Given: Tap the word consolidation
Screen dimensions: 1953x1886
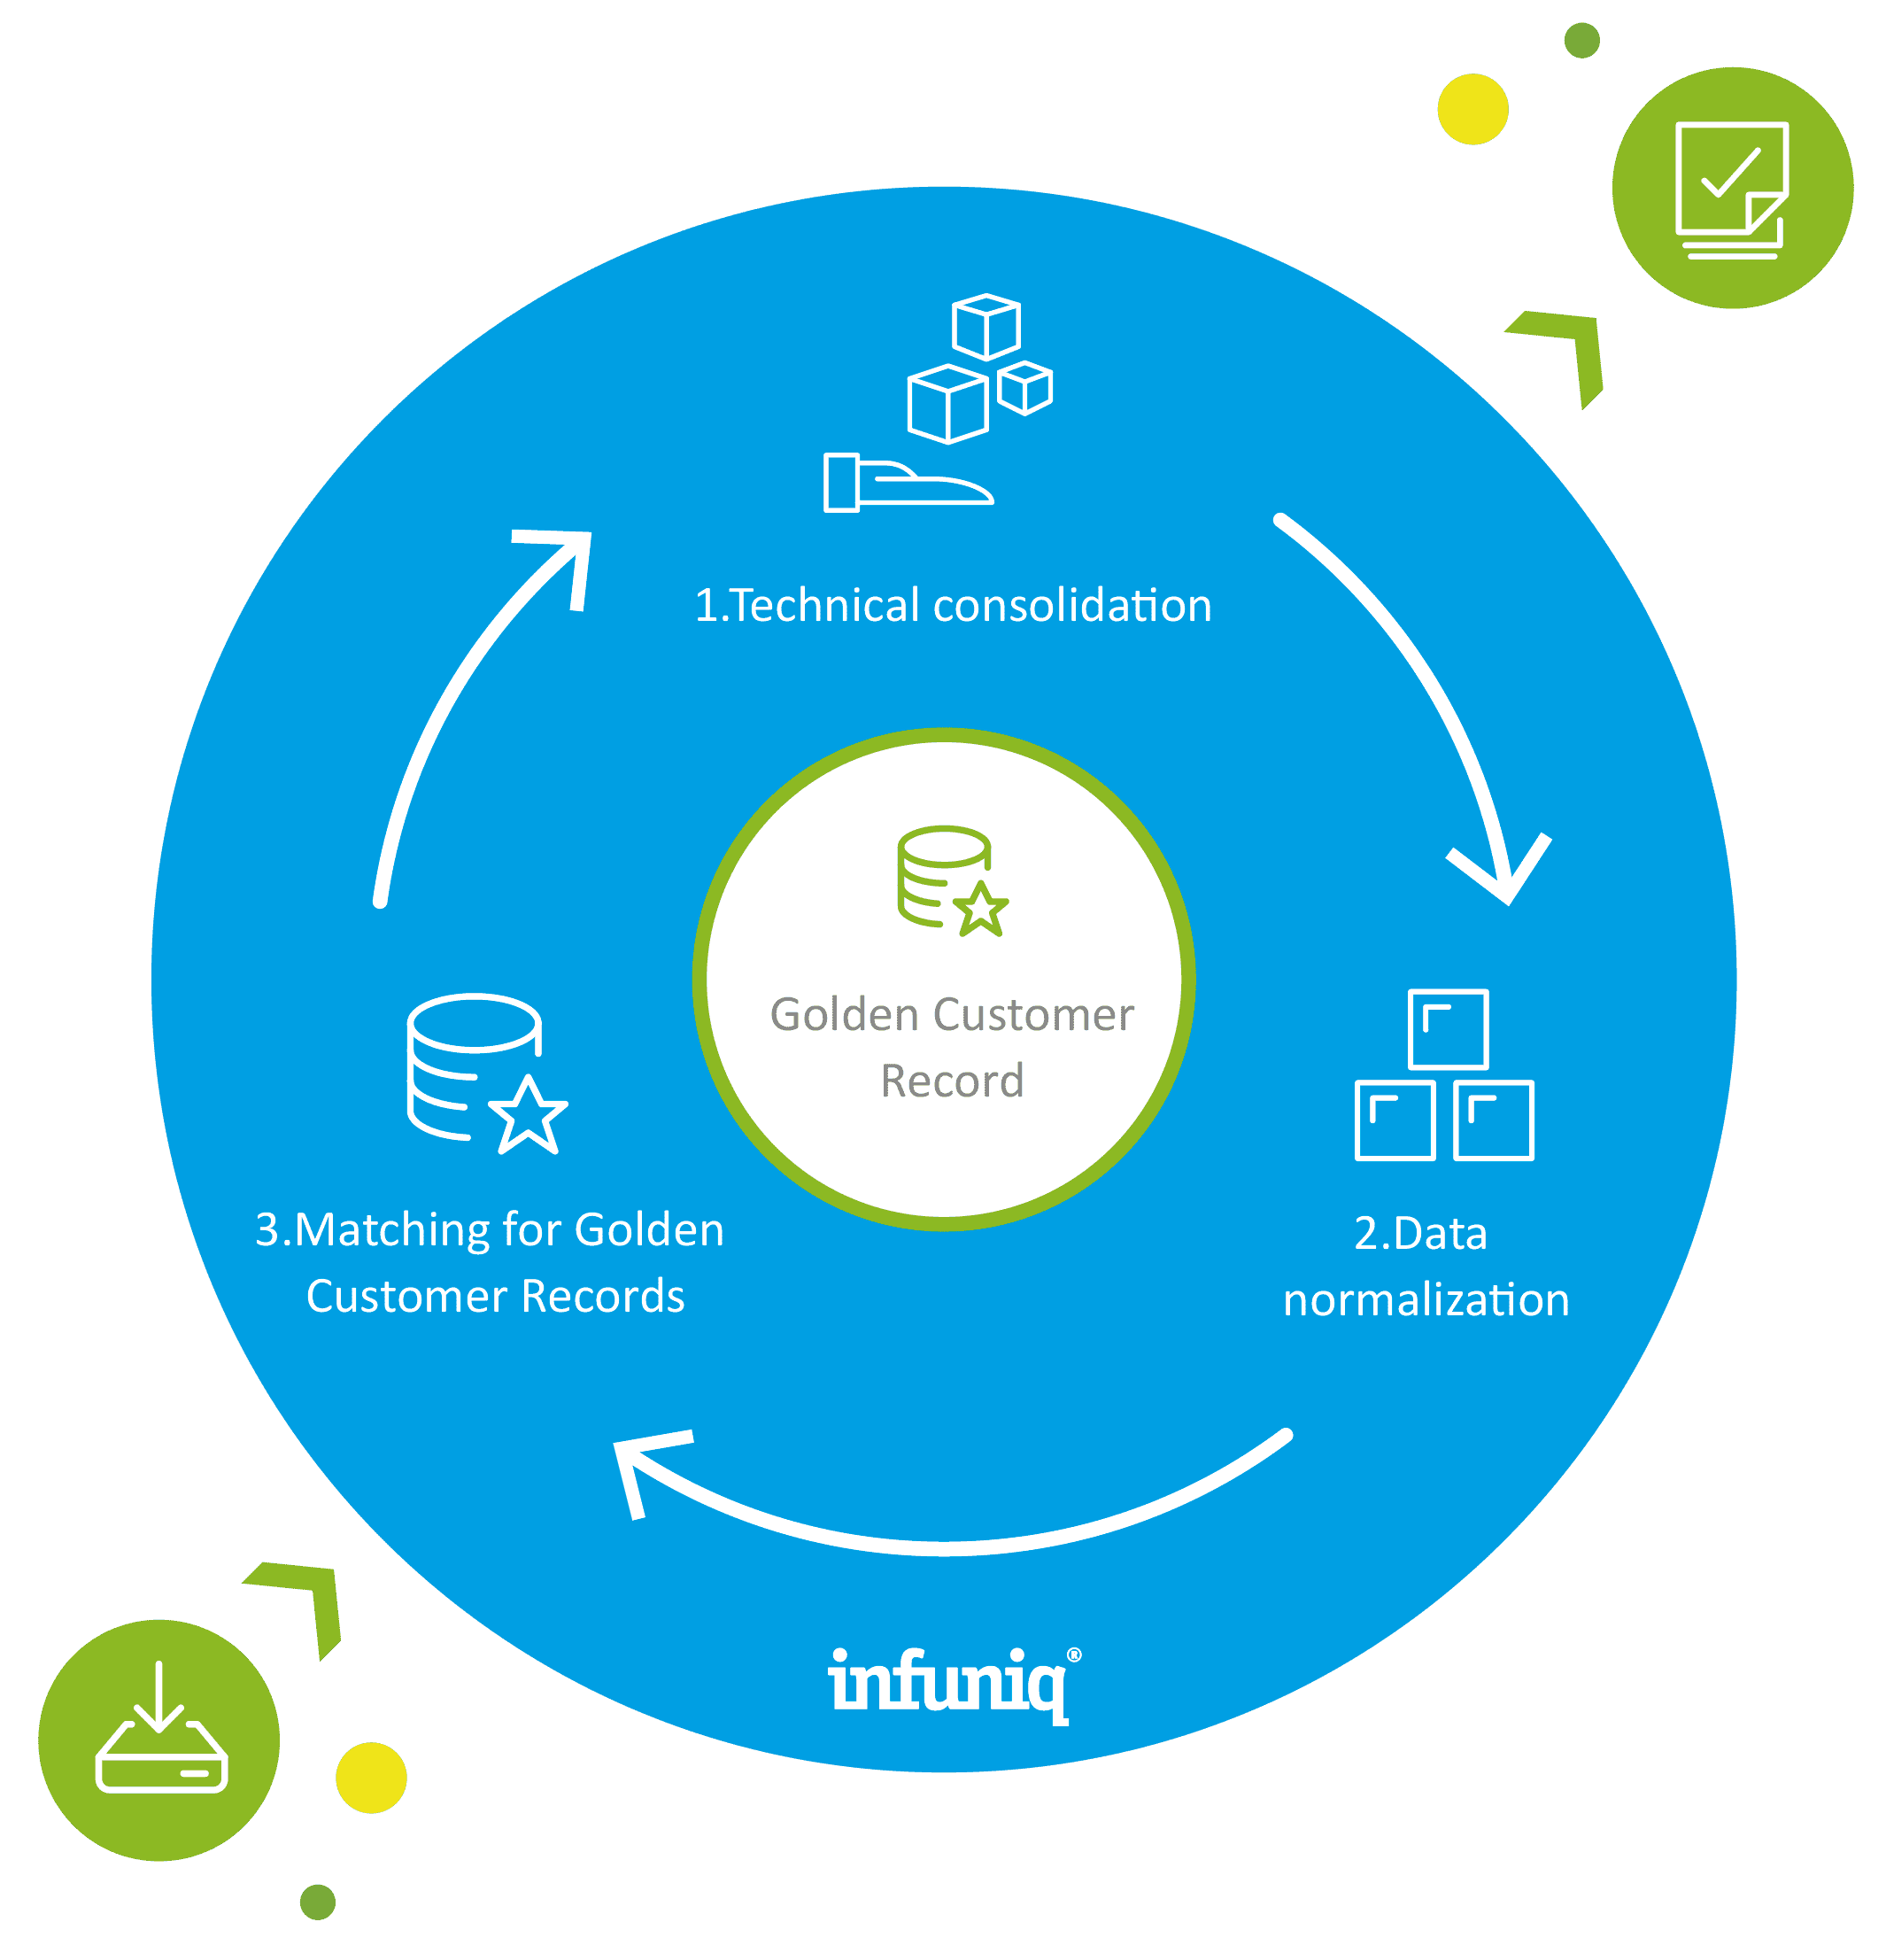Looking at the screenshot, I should point(1072,606).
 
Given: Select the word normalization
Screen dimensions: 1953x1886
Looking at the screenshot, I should point(1426,1300).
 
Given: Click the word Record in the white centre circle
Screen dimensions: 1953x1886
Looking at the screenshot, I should point(952,1081).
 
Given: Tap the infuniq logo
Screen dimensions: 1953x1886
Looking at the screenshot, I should point(947,1683).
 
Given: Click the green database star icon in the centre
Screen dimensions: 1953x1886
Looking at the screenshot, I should point(952,880).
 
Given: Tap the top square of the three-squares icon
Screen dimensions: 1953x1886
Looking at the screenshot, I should point(1448,1028).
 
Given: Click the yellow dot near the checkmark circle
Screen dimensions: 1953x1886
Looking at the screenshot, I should point(1472,110).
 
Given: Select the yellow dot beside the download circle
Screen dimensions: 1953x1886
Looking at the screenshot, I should point(371,1777).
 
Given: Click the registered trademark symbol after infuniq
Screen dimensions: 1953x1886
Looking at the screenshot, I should point(1074,1655).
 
